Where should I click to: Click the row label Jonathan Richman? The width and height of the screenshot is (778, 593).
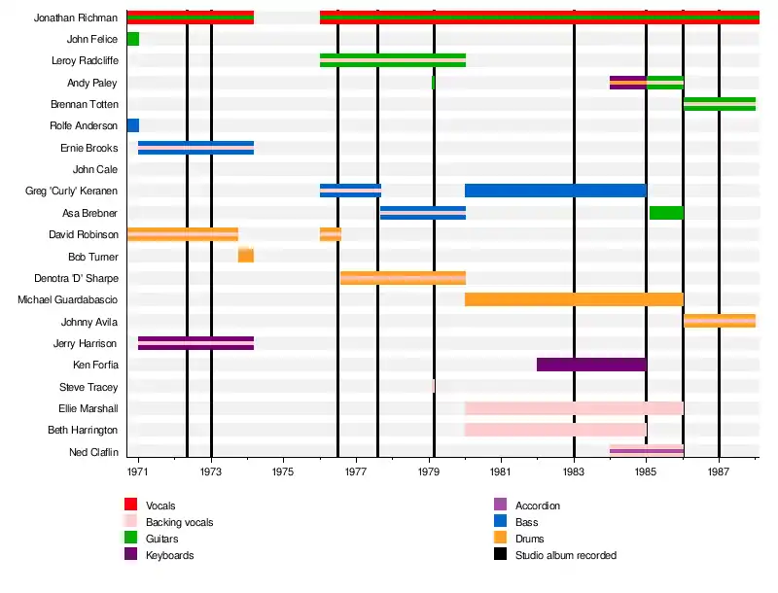coord(76,17)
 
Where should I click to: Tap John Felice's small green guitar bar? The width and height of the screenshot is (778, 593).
coord(132,39)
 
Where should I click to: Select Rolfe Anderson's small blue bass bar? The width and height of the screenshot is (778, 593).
coord(132,125)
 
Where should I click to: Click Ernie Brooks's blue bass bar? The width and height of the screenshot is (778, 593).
coord(195,148)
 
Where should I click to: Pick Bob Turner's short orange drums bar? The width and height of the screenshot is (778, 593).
coord(246,255)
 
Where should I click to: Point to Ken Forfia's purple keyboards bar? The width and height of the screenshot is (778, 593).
coord(590,365)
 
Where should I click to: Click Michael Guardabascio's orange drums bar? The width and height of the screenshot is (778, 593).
coord(574,299)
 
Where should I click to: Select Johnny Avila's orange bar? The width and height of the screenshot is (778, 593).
coord(720,321)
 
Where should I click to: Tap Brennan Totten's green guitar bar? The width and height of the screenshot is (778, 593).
coord(720,104)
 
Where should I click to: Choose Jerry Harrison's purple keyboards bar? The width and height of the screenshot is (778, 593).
coord(195,343)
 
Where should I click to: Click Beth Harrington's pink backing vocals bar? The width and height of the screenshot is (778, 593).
coord(555,430)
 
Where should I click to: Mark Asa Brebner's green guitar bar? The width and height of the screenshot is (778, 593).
coord(666,213)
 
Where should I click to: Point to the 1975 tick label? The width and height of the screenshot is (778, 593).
coord(283,471)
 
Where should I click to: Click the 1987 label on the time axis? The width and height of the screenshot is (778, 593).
coord(719,471)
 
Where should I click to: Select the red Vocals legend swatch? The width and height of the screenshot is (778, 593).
coord(131,505)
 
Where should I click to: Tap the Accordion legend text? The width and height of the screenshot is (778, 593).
coord(537,506)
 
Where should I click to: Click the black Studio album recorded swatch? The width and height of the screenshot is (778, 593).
coord(501,554)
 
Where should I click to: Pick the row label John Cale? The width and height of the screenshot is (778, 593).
coord(95,169)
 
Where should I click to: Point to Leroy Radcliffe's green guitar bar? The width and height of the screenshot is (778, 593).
coord(392,60)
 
